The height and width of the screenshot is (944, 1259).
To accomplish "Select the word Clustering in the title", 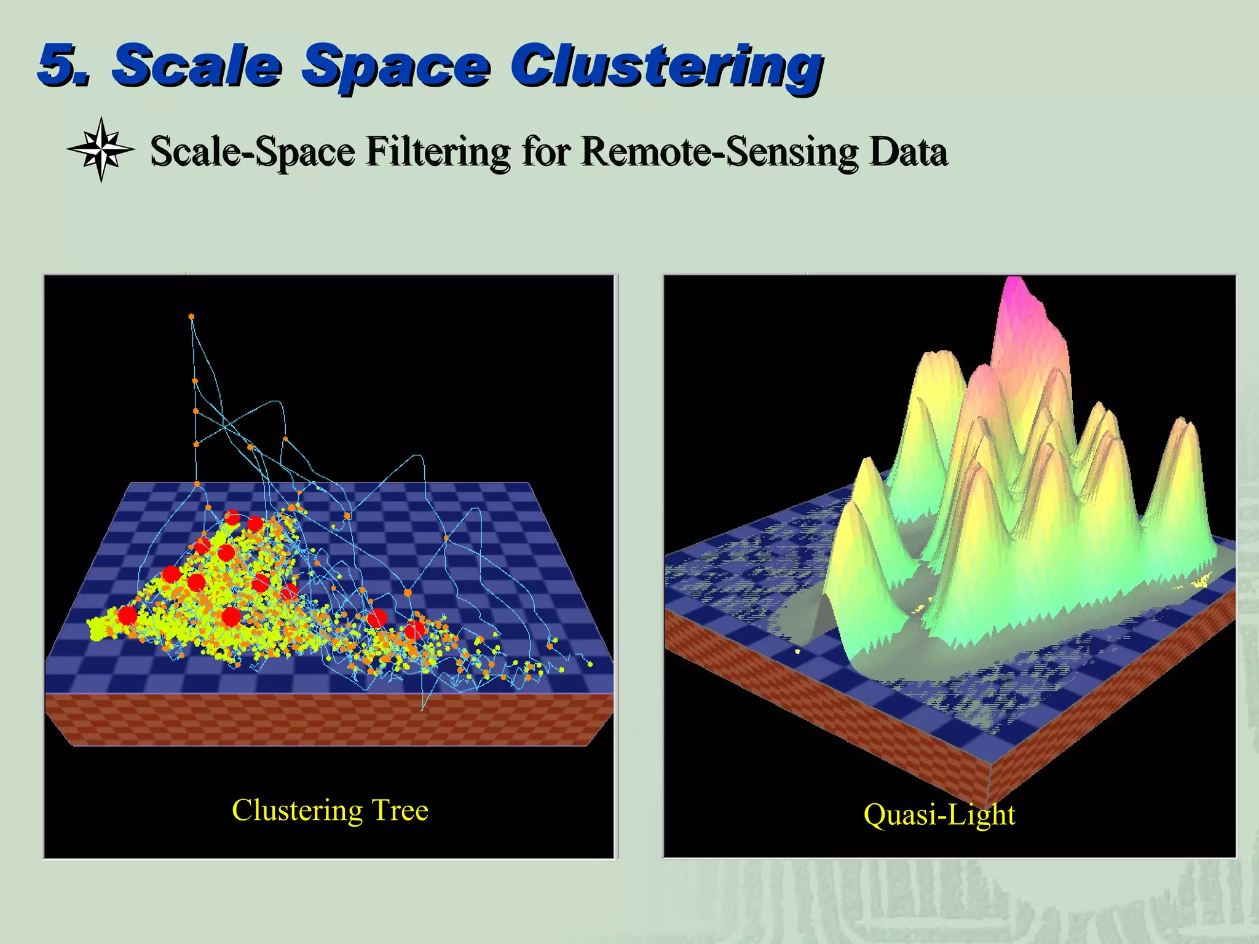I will (x=667, y=68).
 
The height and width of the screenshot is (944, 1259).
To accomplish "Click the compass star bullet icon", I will (x=101, y=149).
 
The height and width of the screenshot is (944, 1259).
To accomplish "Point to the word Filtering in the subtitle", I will (x=438, y=152).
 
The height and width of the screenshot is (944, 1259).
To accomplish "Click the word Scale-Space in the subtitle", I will (x=253, y=152).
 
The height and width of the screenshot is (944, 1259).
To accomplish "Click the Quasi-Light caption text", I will (x=939, y=815).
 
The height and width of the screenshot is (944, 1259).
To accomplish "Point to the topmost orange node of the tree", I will (x=191, y=317).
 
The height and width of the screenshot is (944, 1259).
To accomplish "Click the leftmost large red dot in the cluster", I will (x=127, y=615).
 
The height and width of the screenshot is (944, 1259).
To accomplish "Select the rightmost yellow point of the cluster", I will (x=590, y=664).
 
